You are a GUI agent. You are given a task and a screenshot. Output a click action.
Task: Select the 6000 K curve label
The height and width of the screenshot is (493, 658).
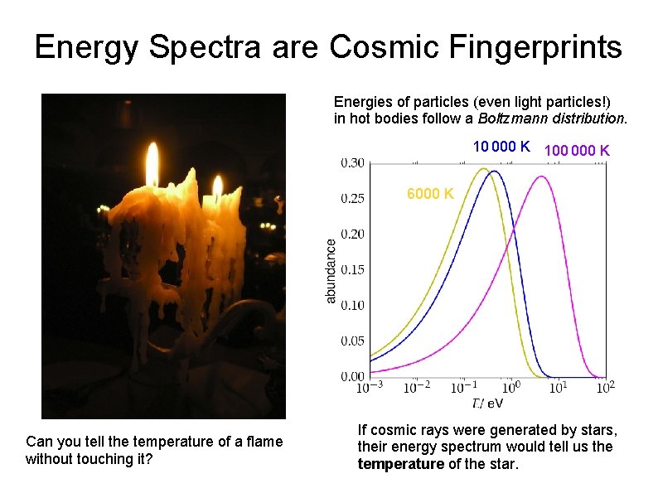click(x=430, y=194)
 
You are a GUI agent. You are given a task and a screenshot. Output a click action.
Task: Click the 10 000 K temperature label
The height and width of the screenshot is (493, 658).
click(x=501, y=147)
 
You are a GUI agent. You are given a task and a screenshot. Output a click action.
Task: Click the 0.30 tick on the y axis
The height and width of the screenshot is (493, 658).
click(x=352, y=163)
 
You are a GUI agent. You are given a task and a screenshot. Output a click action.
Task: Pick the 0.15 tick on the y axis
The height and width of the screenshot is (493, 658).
click(x=352, y=269)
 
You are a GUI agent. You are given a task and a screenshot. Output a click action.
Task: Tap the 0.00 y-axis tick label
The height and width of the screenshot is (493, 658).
click(x=352, y=376)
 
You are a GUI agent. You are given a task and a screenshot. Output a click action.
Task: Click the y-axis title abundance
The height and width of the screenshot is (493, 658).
click(x=331, y=271)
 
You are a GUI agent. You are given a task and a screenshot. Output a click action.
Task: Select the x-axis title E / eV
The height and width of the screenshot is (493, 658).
click(x=487, y=404)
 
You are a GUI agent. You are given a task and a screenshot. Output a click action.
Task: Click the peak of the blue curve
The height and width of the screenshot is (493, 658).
click(x=494, y=172)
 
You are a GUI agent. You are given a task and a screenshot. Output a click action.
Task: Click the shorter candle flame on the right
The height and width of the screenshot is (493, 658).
click(x=218, y=186)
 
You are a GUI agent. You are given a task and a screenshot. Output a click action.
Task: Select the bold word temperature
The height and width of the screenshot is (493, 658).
click(x=400, y=463)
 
